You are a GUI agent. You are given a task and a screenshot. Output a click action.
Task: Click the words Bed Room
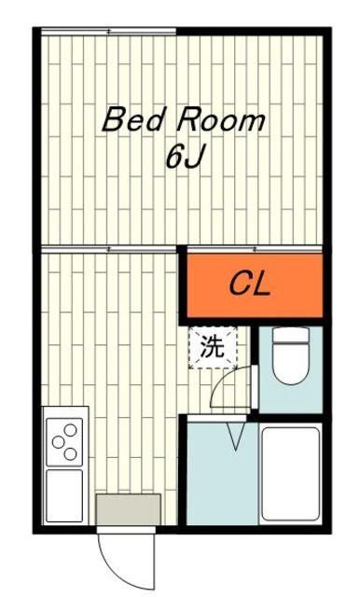(x=183, y=119)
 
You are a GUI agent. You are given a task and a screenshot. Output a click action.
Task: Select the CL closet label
(x=250, y=285)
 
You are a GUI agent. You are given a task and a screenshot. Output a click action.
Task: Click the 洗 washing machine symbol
(x=213, y=348)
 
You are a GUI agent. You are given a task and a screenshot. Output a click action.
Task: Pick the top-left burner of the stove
(x=59, y=430)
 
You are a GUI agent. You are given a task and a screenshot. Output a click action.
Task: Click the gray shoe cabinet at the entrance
(x=128, y=509)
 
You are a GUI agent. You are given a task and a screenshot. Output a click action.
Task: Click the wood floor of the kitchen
(x=112, y=345)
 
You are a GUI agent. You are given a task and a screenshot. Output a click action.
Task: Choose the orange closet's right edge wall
(x=322, y=285)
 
